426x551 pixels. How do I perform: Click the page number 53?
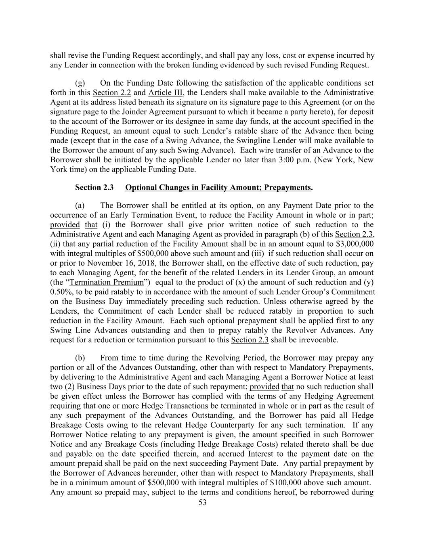(x=202, y=502)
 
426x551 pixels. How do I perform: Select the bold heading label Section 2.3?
(x=94, y=187)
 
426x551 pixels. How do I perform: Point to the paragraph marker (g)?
(x=80, y=83)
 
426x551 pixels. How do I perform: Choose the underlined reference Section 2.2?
(x=112, y=92)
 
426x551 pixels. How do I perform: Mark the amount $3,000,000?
(x=355, y=244)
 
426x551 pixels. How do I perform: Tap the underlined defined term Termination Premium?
(x=107, y=282)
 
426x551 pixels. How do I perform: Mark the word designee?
(x=185, y=122)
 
